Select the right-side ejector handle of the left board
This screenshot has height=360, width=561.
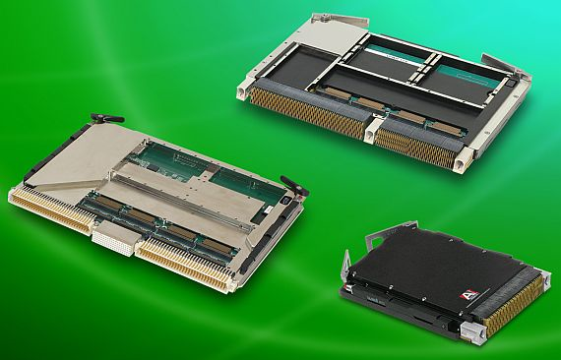290,185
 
